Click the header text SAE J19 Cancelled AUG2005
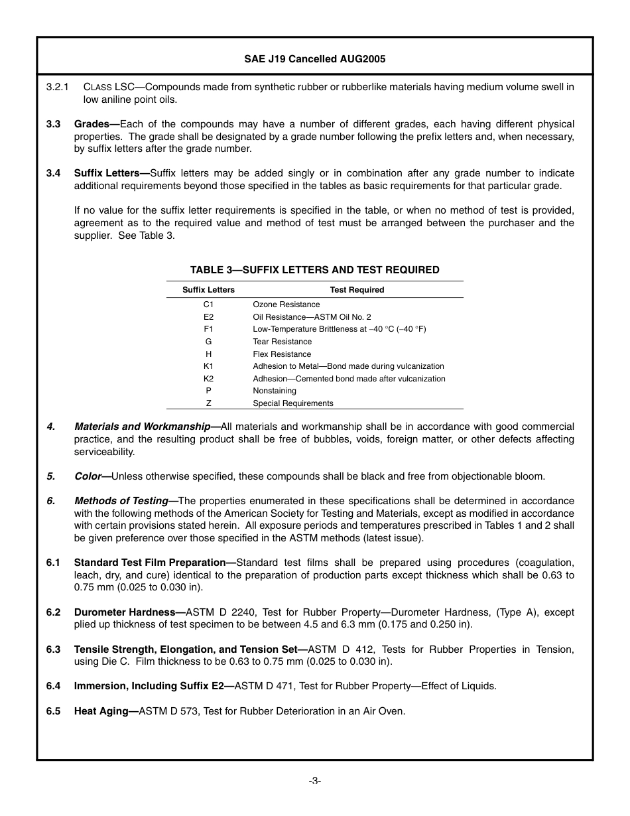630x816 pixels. tap(314, 58)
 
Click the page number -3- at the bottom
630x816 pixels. tap(314, 781)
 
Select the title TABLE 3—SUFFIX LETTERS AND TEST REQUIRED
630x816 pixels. tap(314, 269)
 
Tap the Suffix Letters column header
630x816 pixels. tap(208, 290)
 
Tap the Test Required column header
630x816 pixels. tap(357, 290)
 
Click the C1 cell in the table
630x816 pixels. tap(208, 305)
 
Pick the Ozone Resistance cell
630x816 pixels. tap(286, 305)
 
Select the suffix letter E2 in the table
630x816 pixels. tap(208, 317)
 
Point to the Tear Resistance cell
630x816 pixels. tap(282, 342)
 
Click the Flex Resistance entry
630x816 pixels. tap(282, 354)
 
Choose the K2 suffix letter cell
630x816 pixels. tap(208, 379)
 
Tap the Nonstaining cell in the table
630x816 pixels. tap(275, 391)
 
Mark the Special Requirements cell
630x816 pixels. tap(293, 403)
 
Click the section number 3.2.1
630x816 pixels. tap(58, 87)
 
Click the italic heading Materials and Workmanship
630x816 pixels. tap(142, 427)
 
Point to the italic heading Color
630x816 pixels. tap(88, 476)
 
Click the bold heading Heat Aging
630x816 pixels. tap(101, 711)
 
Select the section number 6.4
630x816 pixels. tap(53, 686)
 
